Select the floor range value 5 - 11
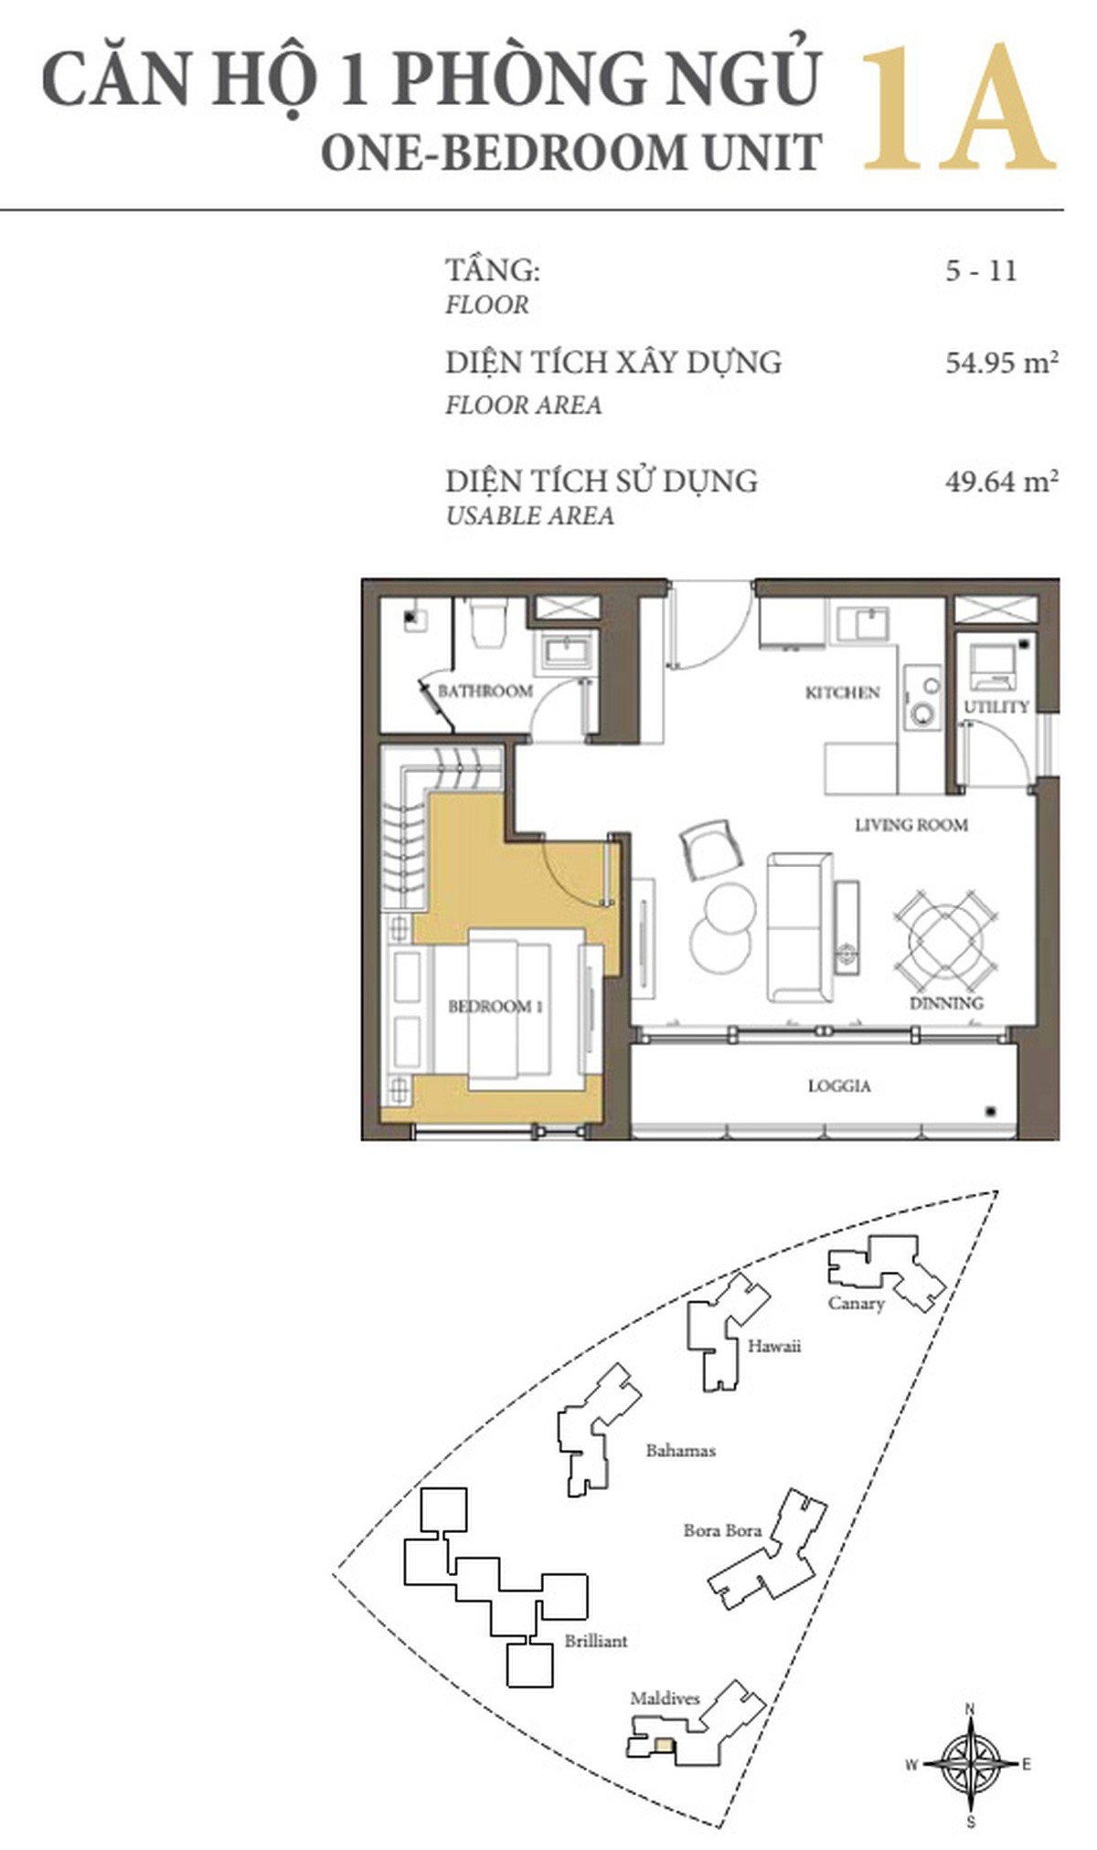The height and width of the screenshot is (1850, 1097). coord(981,270)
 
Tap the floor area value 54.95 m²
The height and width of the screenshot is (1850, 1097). coord(1002,363)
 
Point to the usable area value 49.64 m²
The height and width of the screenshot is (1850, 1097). coord(1002,481)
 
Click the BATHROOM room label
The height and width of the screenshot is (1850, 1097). coord(485,691)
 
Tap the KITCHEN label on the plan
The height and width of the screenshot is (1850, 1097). coord(842,692)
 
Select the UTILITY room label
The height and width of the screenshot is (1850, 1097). coord(996,706)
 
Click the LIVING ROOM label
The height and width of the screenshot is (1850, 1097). coord(911,825)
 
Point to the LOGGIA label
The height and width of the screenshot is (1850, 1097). coord(839,1086)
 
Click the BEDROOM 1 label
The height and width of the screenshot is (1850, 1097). coord(495,1007)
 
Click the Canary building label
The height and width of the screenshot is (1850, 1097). coord(857,1303)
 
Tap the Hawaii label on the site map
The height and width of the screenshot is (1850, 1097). coord(774,1346)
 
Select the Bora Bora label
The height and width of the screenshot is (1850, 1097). coord(722,1530)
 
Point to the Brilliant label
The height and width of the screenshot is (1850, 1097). coord(596,1641)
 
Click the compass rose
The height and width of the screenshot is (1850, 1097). coord(971,1765)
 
